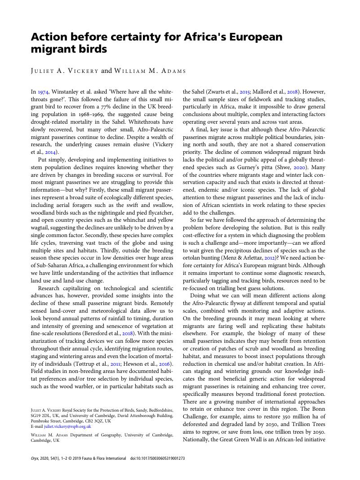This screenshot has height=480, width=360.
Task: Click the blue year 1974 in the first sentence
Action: click(x=43, y=91)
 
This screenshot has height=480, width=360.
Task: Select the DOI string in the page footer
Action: click(x=157, y=458)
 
